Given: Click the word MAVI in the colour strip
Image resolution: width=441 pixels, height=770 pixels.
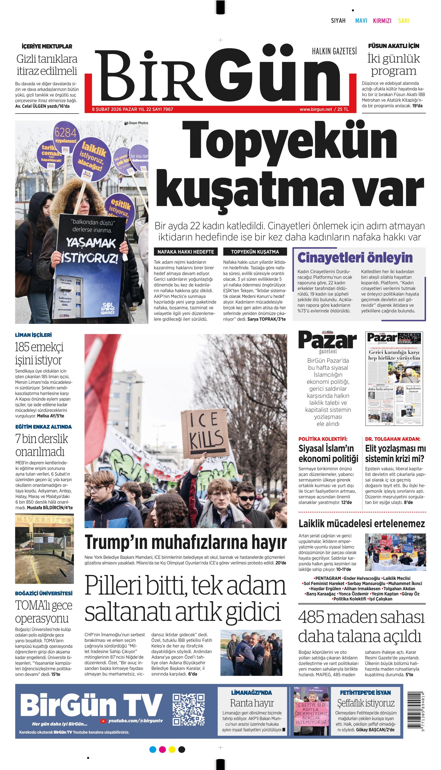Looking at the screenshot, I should pyautogui.click(x=361, y=21).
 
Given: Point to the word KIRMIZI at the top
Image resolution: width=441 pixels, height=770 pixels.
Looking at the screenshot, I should pyautogui.click(x=382, y=21).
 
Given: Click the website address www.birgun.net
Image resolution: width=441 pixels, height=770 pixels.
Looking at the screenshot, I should pyautogui.click(x=316, y=109).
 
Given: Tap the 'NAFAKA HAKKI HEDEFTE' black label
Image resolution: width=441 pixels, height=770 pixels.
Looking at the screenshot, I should pyautogui.click(x=186, y=252).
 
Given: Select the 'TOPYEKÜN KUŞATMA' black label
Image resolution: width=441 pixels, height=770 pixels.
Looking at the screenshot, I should pyautogui.click(x=255, y=252).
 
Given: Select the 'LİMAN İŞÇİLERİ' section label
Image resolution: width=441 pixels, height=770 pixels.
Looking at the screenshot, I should pyautogui.click(x=33, y=335).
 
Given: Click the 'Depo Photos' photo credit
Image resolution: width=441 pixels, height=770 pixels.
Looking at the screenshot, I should pyautogui.click(x=137, y=123).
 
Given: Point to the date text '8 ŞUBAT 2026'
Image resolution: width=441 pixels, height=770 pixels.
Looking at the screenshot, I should pyautogui.click(x=107, y=109).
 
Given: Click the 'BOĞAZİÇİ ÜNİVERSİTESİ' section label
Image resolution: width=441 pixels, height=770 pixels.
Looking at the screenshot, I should pyautogui.click(x=44, y=593).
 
